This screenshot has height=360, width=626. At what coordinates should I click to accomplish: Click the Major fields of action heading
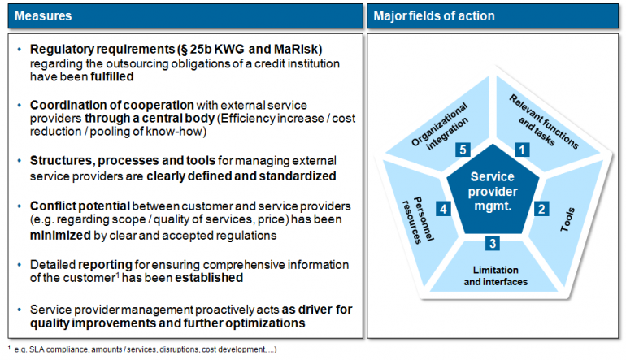433,16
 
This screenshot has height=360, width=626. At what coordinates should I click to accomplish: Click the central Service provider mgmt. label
492,191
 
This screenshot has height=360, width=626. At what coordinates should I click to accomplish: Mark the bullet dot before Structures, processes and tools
20,160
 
